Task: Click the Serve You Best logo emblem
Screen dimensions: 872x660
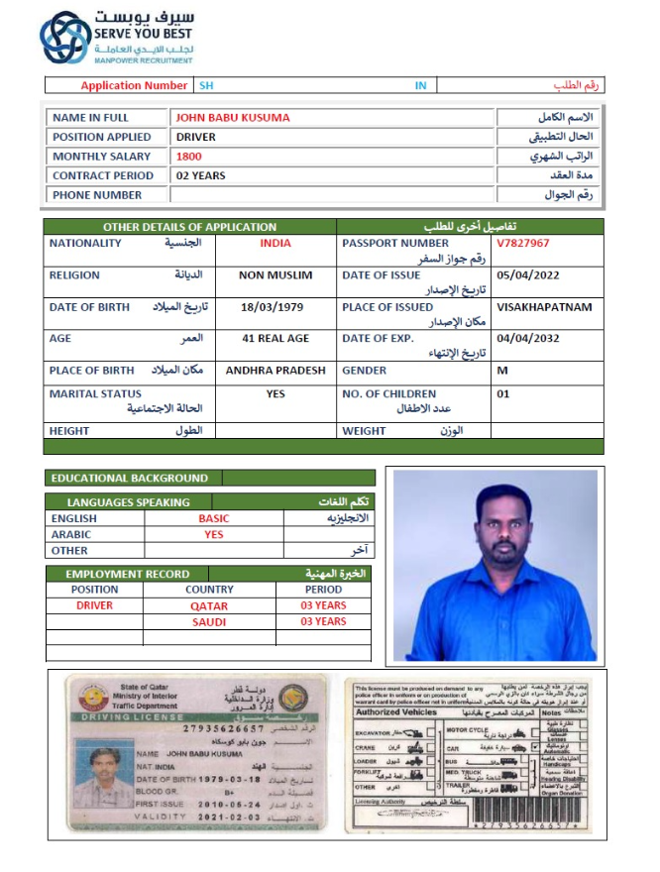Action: [x=64, y=38]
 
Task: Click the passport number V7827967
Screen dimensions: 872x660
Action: [x=523, y=243]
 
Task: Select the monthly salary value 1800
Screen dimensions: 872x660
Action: [x=189, y=157]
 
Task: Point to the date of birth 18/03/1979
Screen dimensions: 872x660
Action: [x=275, y=307]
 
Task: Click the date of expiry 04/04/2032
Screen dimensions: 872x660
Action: [x=530, y=338]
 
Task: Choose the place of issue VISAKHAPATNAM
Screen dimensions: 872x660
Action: [x=544, y=307]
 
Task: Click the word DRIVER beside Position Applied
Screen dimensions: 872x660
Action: [x=196, y=137]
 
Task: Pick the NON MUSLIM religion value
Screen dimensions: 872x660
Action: [x=275, y=275]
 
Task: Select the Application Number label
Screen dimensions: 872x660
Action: [x=134, y=86]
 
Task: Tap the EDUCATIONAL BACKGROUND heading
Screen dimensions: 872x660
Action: [x=130, y=478]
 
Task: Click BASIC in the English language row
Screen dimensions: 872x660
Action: [x=213, y=518]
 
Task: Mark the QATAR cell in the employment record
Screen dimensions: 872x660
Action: [x=209, y=605]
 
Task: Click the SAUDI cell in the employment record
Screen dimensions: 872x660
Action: [x=209, y=622]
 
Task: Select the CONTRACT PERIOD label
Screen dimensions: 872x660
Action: [x=103, y=175]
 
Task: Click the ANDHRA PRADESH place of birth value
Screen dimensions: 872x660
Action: [x=275, y=371]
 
